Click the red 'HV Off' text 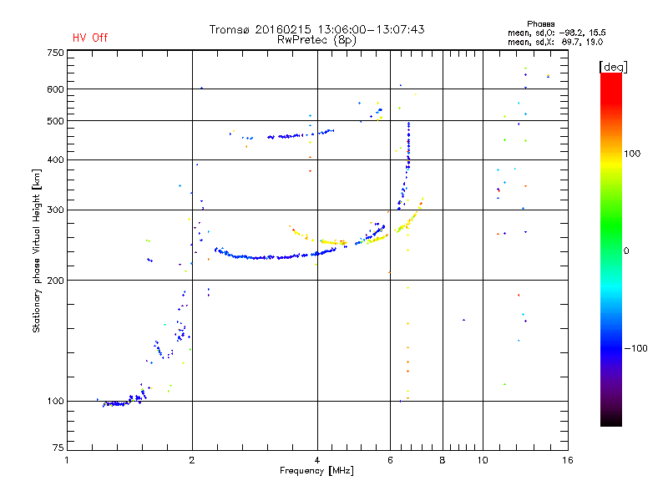tap(89, 38)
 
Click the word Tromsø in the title tap(230, 29)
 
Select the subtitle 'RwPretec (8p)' tap(316, 39)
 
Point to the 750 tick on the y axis tap(54, 53)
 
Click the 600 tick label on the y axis tap(54, 89)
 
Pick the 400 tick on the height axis tap(54, 159)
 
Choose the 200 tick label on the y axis tap(54, 280)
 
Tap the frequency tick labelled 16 tap(566, 460)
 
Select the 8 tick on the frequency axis tap(443, 460)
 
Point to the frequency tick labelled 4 tap(317, 460)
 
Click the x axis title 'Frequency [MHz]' tap(316, 472)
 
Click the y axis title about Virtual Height tap(37, 251)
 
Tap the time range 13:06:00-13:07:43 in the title tap(368, 29)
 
